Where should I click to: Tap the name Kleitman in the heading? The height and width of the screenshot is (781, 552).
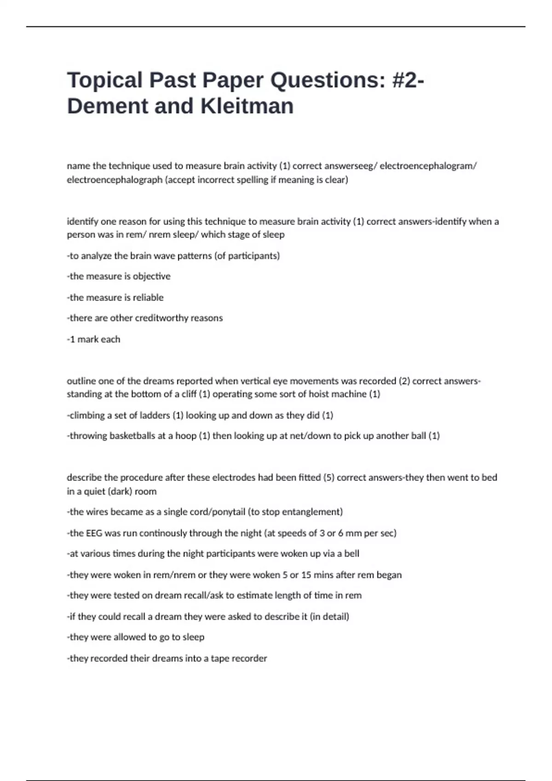(x=247, y=106)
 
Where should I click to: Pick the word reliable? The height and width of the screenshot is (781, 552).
(x=148, y=298)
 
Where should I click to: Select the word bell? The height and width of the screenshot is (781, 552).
(x=351, y=554)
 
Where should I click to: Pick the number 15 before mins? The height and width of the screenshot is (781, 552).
(x=306, y=575)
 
